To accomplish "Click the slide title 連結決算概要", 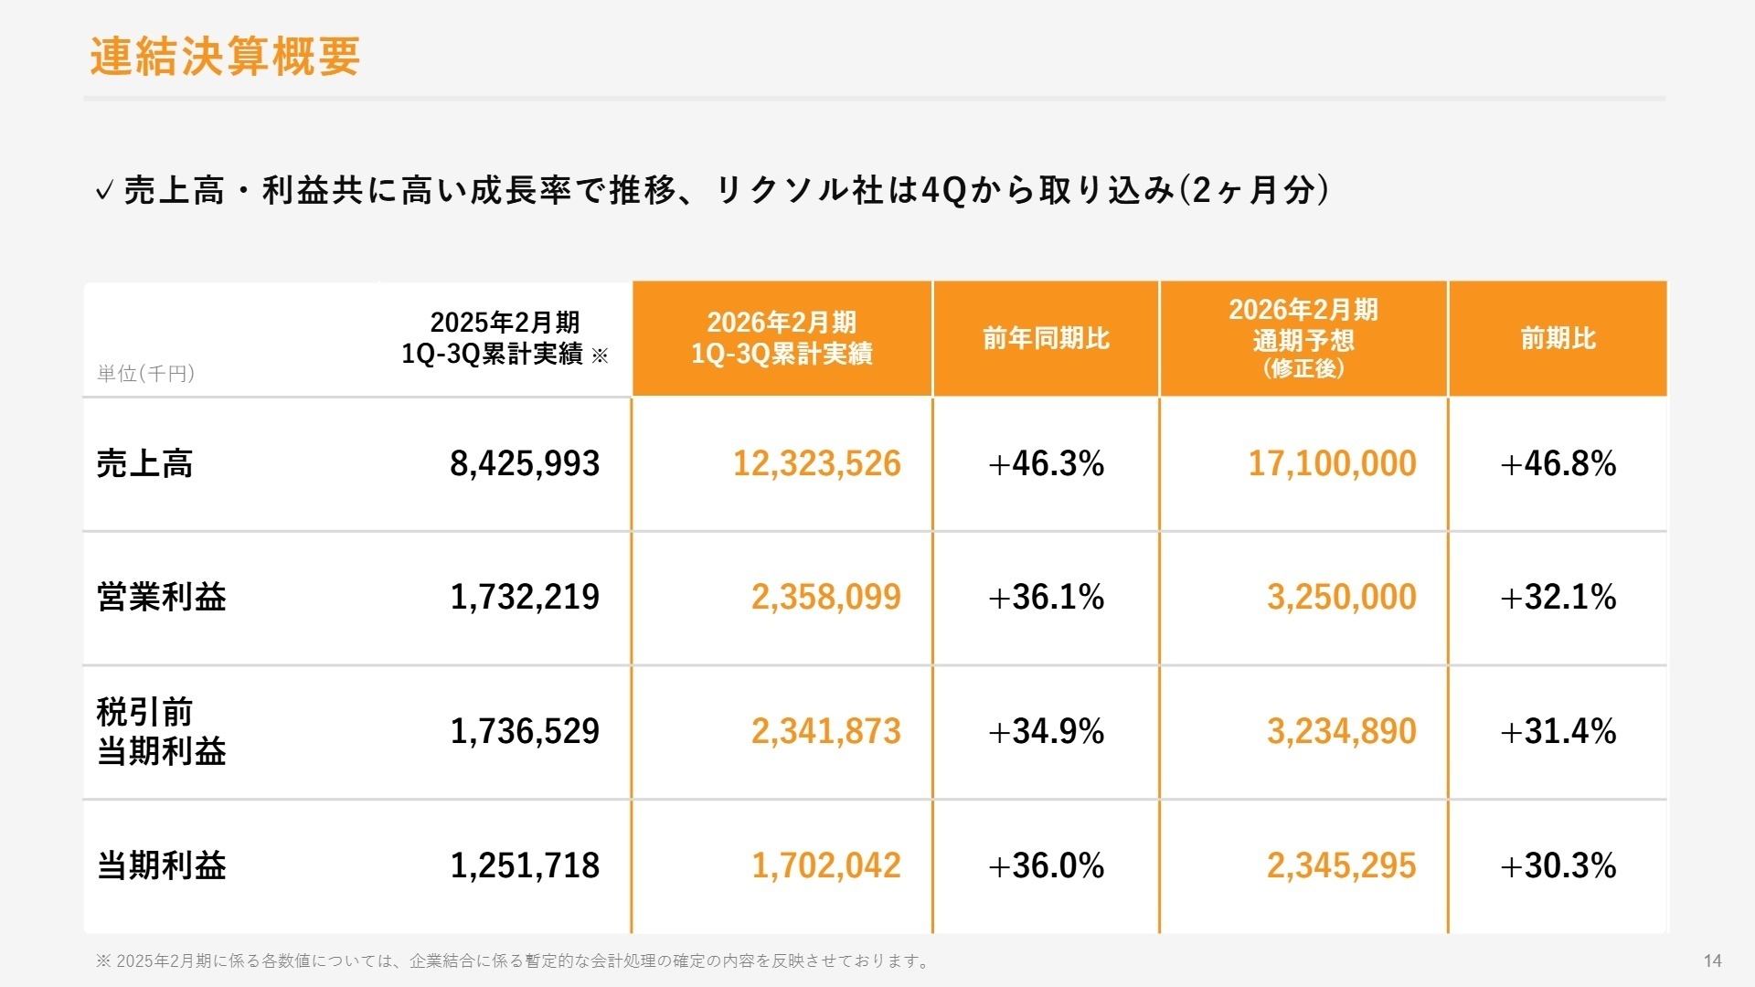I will point(225,57).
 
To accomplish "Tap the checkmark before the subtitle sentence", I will point(104,191).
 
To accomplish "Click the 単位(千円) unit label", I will point(145,373).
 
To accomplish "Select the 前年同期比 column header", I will point(1046,339).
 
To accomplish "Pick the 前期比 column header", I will point(1558,339).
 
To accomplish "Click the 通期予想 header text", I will point(1303,341).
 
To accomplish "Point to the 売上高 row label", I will point(144,464).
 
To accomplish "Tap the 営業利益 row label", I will point(161,598).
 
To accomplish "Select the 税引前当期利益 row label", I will point(161,731).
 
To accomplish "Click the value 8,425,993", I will point(525,464).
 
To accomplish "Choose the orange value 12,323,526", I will point(816,464).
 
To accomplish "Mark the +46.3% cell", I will point(1046,464).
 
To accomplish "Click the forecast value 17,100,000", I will point(1332,464).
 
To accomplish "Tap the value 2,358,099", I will point(825,598).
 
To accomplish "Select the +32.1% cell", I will point(1558,598).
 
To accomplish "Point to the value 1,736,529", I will point(525,732).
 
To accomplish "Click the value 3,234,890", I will point(1341,732).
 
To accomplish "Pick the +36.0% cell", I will point(1046,865).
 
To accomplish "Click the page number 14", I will point(1712,960).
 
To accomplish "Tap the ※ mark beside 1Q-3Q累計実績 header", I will point(600,356).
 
